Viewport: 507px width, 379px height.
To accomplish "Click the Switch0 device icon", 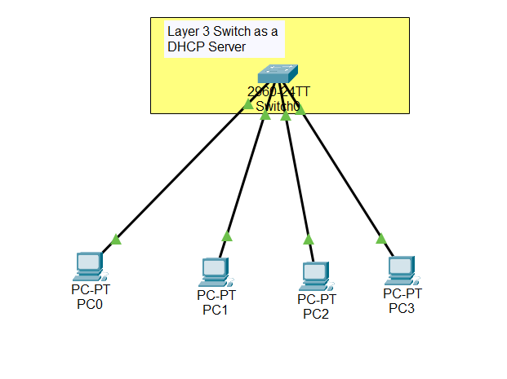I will [278, 73].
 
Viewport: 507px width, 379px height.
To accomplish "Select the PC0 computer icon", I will [87, 266].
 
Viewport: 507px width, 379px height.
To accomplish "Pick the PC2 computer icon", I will [314, 276].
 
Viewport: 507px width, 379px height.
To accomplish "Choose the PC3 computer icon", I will [400, 268].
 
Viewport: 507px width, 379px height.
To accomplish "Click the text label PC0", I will [90, 305].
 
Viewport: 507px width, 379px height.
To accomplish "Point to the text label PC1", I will [216, 309].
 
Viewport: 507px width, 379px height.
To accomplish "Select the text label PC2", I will [316, 314].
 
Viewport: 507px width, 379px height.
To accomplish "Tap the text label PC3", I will [402, 307].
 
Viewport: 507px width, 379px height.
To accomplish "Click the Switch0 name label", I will [278, 107].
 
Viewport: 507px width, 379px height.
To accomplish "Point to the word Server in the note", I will [228, 48].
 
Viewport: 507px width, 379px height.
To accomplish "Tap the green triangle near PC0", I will [116, 239].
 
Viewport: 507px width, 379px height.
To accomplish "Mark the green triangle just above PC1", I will [227, 236].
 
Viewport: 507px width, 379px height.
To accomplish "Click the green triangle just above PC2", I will [309, 239].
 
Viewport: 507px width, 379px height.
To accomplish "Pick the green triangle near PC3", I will [380, 238].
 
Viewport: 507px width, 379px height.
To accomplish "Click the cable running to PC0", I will [180, 172].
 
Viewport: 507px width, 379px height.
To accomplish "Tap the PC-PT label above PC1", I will [216, 295].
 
